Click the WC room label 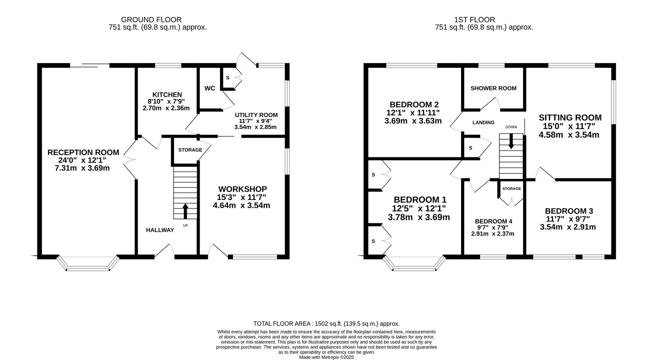[x=210, y=88]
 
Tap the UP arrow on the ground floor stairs [x=185, y=211]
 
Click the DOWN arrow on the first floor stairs [x=511, y=141]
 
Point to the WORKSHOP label [x=242, y=189]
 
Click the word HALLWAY [x=160, y=230]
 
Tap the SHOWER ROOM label [x=493, y=88]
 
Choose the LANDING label [x=483, y=123]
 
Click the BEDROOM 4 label [x=493, y=221]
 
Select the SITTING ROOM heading [x=570, y=118]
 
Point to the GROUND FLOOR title [x=151, y=20]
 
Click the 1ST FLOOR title [x=474, y=20]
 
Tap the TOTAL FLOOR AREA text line [x=326, y=324]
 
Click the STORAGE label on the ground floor [x=190, y=150]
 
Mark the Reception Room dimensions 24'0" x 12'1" [x=82, y=160]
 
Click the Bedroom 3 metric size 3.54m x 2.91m [x=568, y=227]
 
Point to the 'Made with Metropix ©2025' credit [x=326, y=357]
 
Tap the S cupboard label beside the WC [x=228, y=78]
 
